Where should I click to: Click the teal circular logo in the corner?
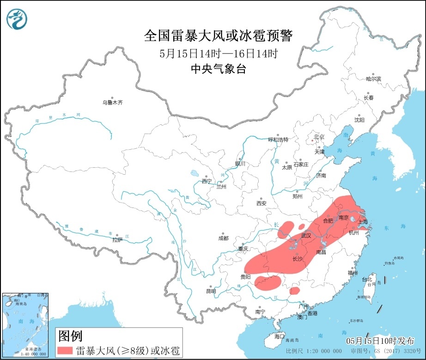click(17, 18)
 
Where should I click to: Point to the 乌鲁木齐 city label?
click(113, 103)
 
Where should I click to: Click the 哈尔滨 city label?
click(373, 79)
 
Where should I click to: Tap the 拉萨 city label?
click(117, 239)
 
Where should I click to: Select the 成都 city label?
click(223, 238)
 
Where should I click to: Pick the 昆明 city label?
click(211, 291)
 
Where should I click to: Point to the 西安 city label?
click(262, 203)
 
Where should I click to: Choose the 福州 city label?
click(353, 273)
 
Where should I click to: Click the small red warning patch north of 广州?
click(294, 291)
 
